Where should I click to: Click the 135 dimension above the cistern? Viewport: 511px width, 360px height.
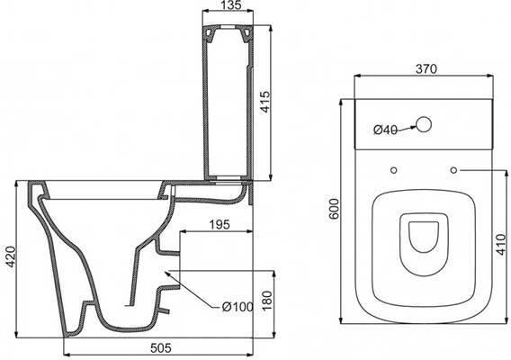230,4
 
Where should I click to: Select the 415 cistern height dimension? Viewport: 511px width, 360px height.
265,102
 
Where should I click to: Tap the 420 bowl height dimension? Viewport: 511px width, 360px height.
11,256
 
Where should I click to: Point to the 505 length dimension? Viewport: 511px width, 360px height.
161,348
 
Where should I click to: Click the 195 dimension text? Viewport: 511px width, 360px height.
220,224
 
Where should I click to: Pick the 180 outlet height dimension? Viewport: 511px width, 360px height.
266,301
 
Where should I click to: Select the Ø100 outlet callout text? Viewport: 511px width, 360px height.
238,307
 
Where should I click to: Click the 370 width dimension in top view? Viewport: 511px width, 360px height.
426,68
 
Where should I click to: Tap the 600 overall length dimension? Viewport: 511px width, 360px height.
335,209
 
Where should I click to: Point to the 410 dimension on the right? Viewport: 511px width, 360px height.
502,244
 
